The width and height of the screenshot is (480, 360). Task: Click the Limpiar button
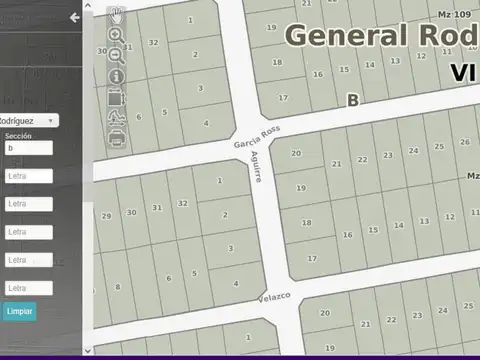[x=19, y=311]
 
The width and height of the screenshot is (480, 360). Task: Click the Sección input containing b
[x=28, y=148]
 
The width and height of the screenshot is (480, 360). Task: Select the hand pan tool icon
[x=116, y=14]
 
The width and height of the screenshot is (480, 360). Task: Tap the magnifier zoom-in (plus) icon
[x=116, y=35]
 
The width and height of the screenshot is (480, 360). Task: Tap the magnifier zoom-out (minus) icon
[x=116, y=55]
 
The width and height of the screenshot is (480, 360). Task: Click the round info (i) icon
[x=116, y=76]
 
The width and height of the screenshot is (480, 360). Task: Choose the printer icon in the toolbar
[x=116, y=138]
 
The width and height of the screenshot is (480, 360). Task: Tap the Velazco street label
[x=273, y=296]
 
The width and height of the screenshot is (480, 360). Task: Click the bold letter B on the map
[x=352, y=99]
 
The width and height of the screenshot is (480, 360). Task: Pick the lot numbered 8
[x=118, y=287]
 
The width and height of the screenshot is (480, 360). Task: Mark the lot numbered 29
[x=107, y=216]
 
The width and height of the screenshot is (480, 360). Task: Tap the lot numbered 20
[x=297, y=153]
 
